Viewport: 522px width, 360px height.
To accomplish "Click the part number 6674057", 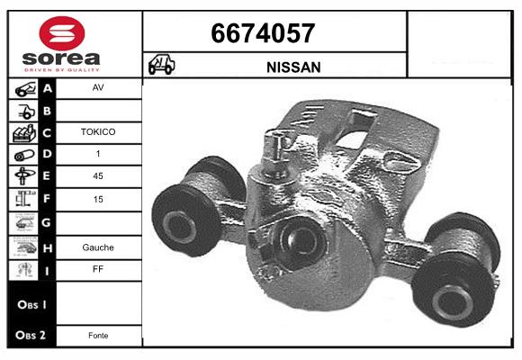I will tap(263, 33).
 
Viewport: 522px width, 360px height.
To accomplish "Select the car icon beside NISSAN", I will tap(162, 66).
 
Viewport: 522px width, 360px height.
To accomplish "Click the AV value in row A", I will tap(98, 88).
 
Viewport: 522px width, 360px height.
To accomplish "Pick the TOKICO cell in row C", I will tap(98, 131).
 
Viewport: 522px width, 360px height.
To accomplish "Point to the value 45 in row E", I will tap(98, 175).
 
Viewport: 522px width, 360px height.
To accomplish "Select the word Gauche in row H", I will tap(98, 247).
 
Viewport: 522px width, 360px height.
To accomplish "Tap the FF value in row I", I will tap(98, 268).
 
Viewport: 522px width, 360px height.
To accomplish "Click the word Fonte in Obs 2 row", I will tap(98, 335).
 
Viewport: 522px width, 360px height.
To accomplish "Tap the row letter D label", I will tap(48, 154).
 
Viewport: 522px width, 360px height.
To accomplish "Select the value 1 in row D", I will tap(98, 154).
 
